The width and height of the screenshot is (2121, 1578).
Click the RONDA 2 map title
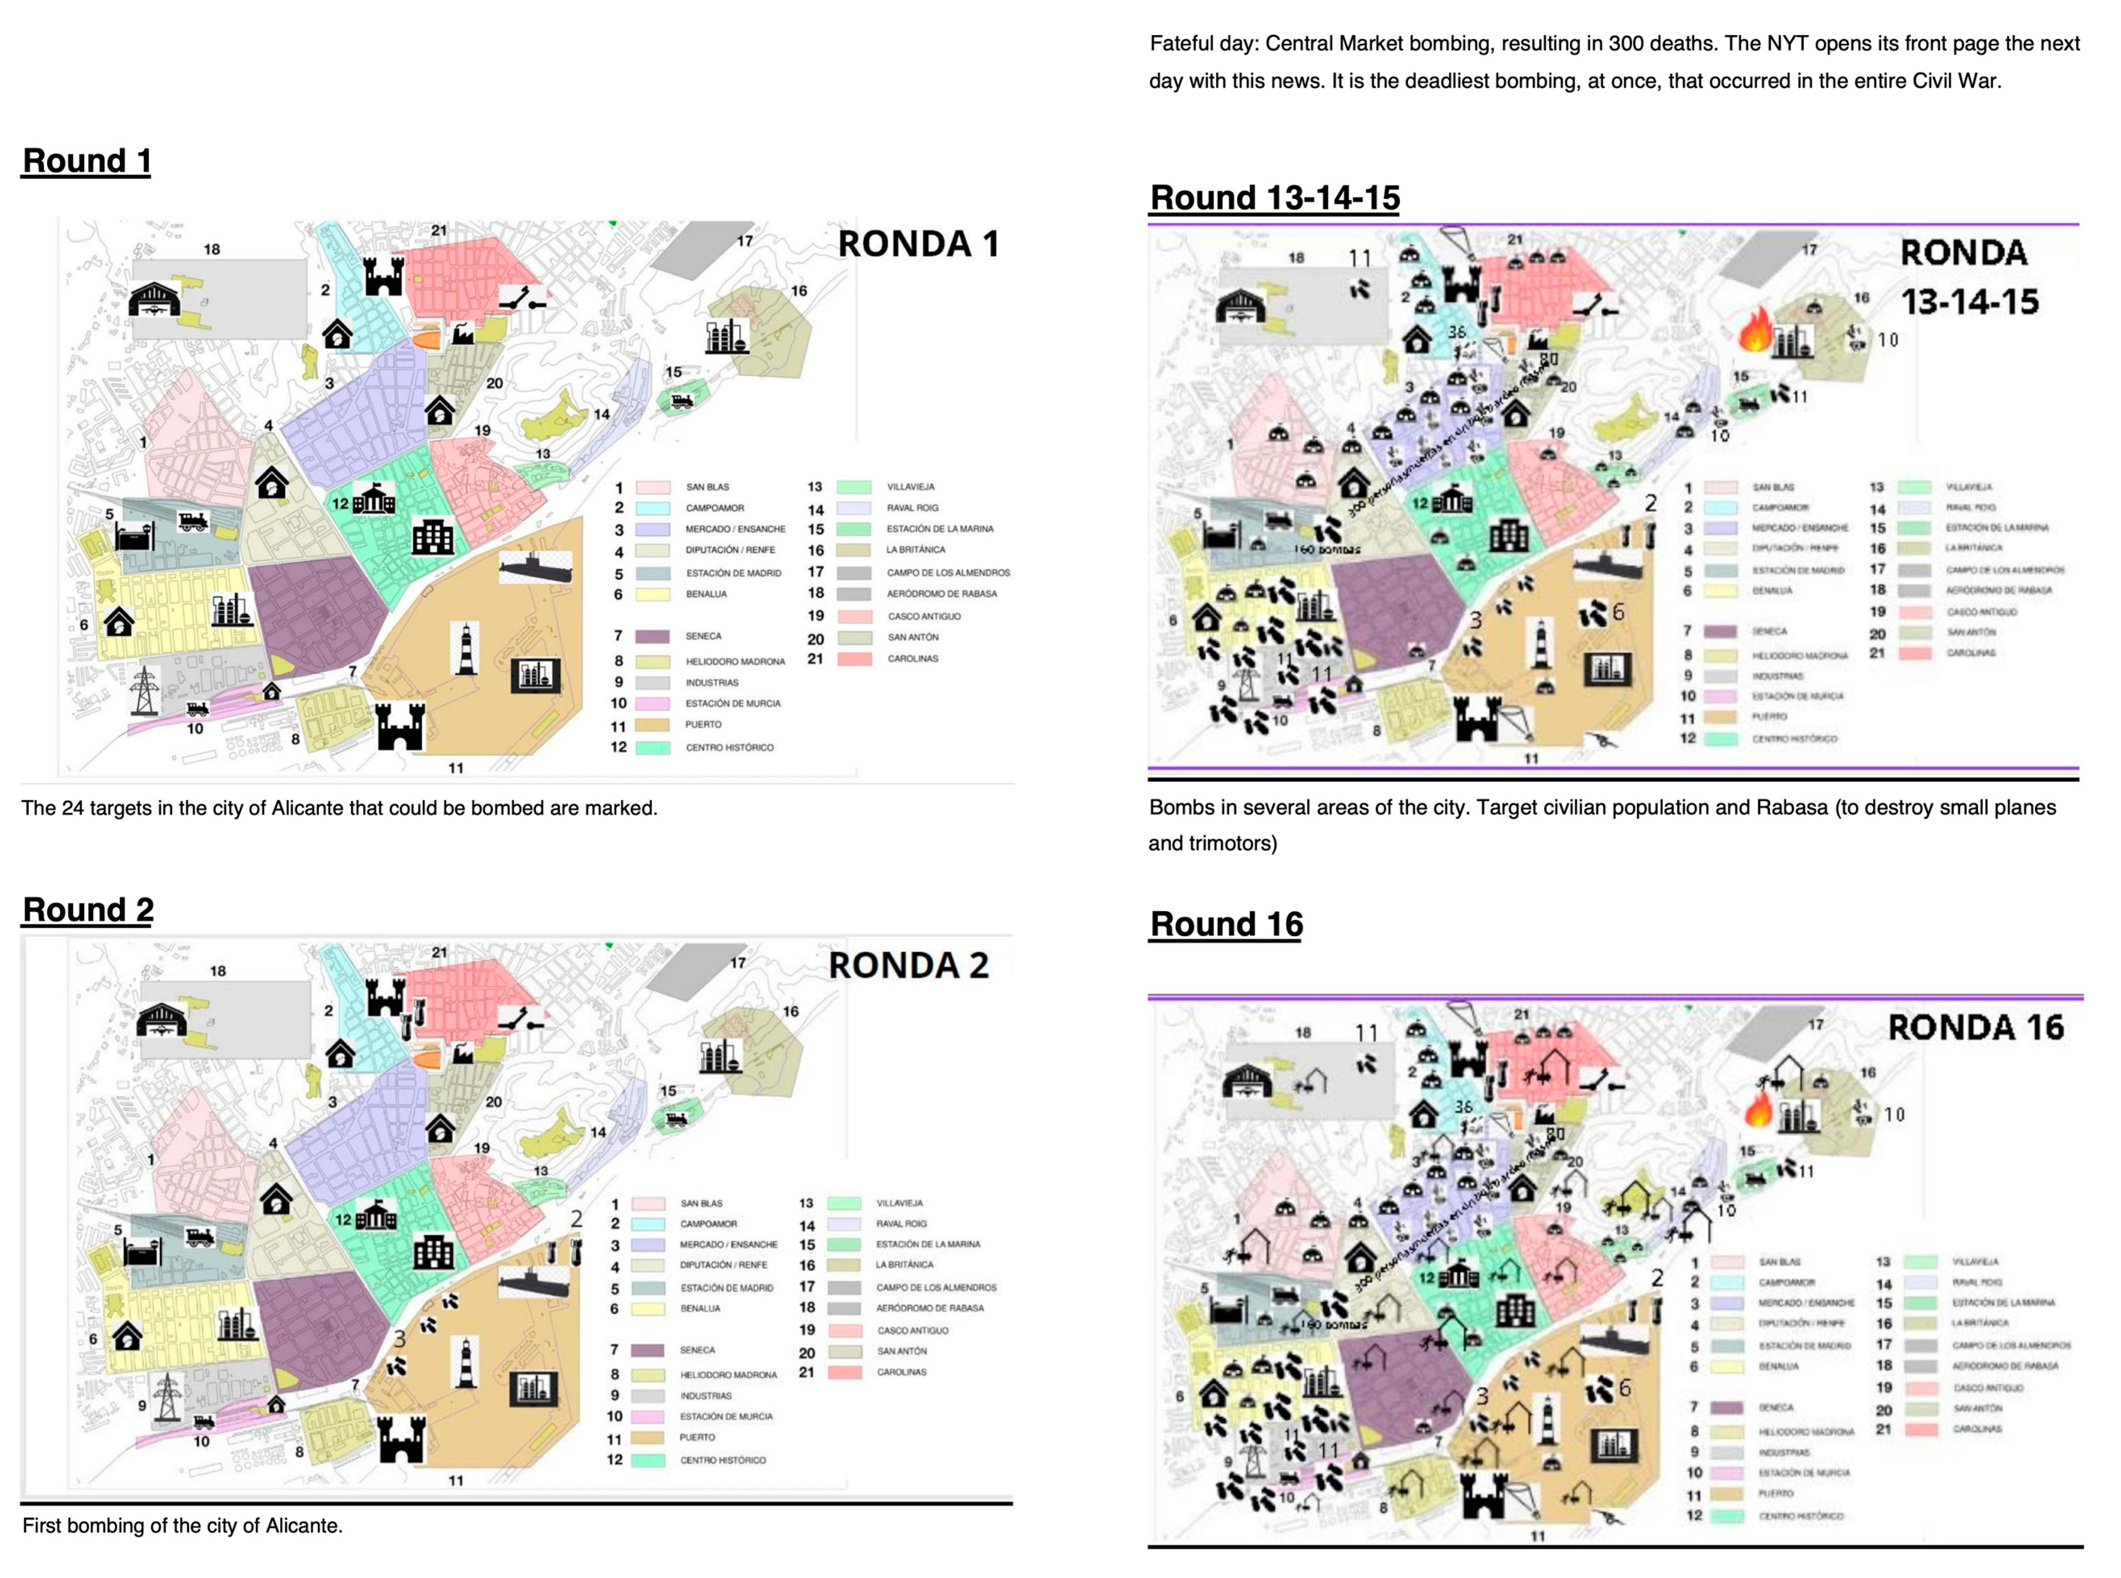click(908, 966)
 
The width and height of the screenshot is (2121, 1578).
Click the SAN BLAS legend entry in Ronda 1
click(707, 487)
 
